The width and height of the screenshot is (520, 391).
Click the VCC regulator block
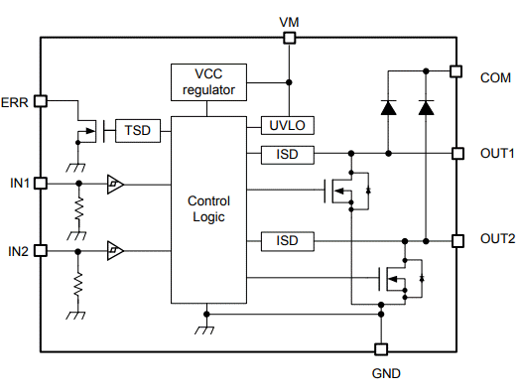tap(208, 81)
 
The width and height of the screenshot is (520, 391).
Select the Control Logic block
tap(208, 209)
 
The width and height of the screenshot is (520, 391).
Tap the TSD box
tap(136, 130)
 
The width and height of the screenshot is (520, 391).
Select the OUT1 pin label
tap(497, 154)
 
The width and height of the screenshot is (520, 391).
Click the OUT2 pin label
tap(497, 239)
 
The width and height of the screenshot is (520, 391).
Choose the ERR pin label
tap(15, 102)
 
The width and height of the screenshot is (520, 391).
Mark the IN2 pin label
tap(17, 251)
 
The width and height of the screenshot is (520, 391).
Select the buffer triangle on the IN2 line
tap(116, 251)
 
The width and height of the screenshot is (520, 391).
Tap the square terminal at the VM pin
tap(289, 38)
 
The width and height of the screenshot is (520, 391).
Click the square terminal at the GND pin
tap(379, 349)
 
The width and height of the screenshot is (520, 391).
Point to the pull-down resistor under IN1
tap(76, 210)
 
